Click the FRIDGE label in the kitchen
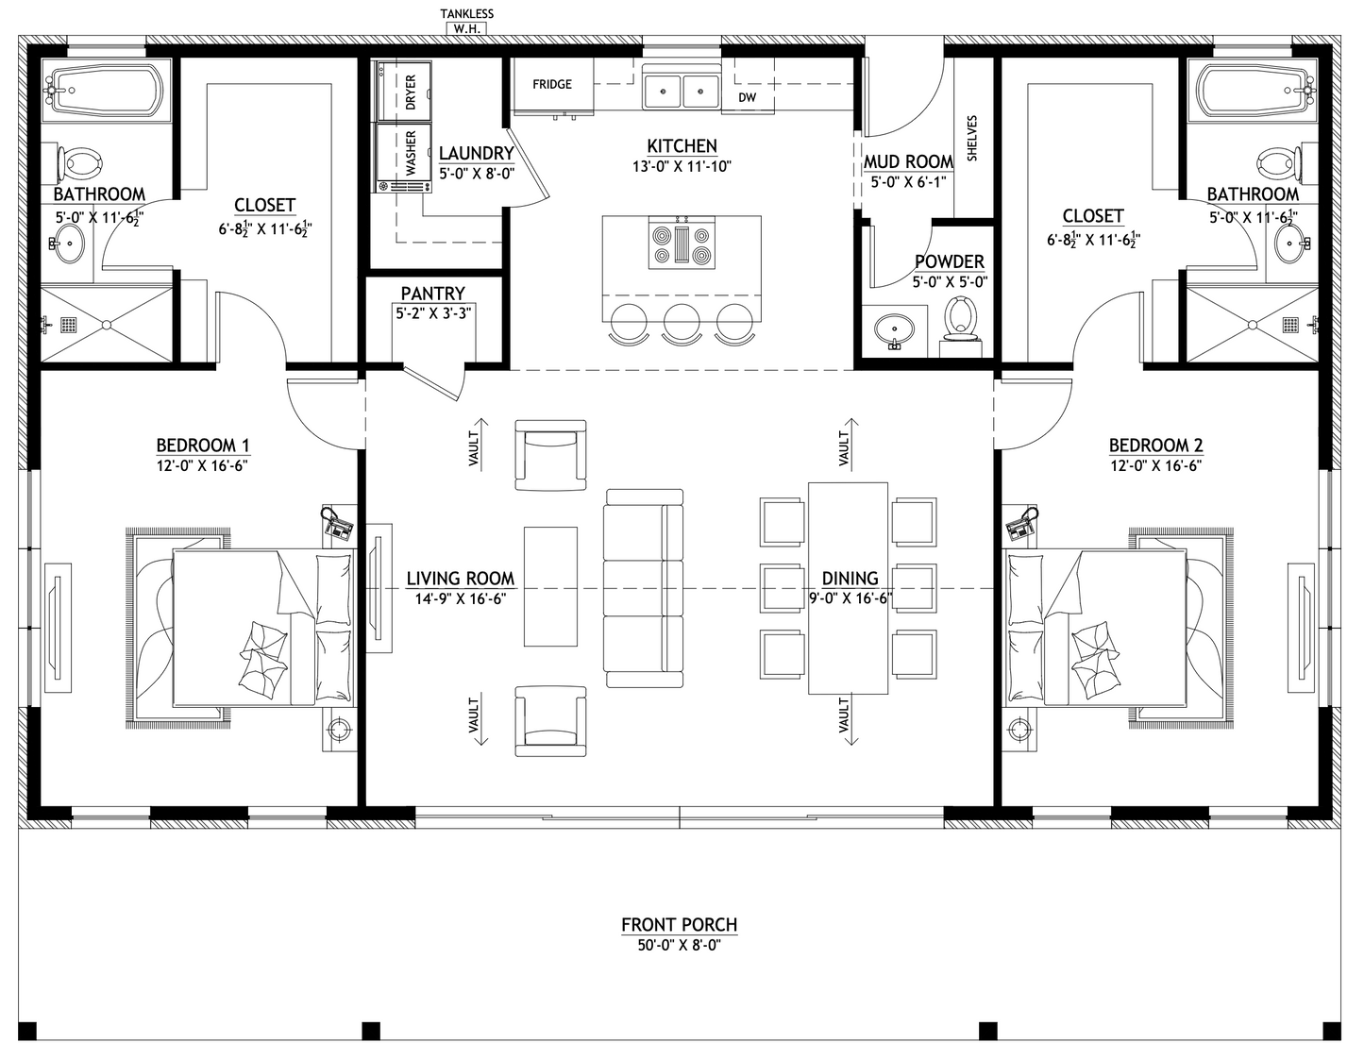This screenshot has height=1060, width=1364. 552,85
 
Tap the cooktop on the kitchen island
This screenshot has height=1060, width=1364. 681,243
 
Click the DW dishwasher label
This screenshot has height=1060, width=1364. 747,97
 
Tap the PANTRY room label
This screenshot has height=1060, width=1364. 432,294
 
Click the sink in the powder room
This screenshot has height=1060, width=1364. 894,330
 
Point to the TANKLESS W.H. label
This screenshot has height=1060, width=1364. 466,22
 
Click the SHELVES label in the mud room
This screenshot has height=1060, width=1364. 972,138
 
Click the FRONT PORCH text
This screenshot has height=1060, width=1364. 680,925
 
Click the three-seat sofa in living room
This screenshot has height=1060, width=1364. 645,588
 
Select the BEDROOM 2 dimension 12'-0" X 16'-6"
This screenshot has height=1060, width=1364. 1155,465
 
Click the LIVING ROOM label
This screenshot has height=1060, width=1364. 461,579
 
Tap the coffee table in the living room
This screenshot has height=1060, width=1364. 550,587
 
